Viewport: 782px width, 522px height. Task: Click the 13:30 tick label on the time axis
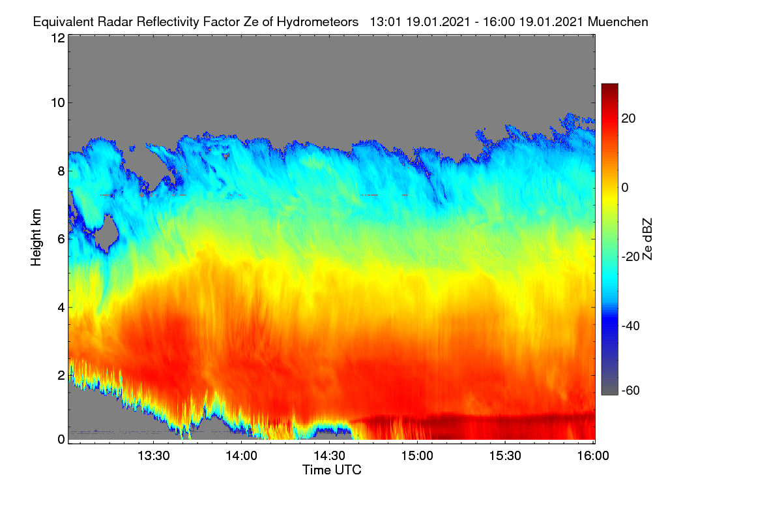click(x=154, y=455)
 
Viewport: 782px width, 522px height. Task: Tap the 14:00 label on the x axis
click(x=241, y=455)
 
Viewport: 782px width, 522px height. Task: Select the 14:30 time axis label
click(x=329, y=455)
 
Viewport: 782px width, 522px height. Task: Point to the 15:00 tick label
click(x=417, y=455)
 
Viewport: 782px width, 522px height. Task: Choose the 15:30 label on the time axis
click(x=505, y=455)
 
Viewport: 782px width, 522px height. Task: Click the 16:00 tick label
click(x=593, y=455)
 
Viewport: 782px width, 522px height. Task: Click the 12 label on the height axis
click(x=58, y=38)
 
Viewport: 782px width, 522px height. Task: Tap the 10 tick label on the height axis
click(x=58, y=103)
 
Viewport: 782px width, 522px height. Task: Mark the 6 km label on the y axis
click(x=61, y=239)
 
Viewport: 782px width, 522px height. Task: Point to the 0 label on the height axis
click(x=61, y=439)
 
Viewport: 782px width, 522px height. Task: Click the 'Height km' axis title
click(x=36, y=238)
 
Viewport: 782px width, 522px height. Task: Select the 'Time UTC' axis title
click(x=332, y=470)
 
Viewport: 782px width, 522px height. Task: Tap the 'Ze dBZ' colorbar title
click(x=647, y=239)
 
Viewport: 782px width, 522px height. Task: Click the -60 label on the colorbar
click(x=631, y=390)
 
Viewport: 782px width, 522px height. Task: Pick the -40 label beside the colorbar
click(x=631, y=326)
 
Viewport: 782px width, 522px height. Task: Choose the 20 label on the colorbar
click(x=628, y=119)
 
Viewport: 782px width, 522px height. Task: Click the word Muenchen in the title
click(x=618, y=22)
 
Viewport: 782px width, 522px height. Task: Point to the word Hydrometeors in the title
click(x=318, y=22)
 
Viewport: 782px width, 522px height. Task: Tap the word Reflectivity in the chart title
click(x=168, y=22)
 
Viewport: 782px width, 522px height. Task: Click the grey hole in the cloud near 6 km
click(x=106, y=232)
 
